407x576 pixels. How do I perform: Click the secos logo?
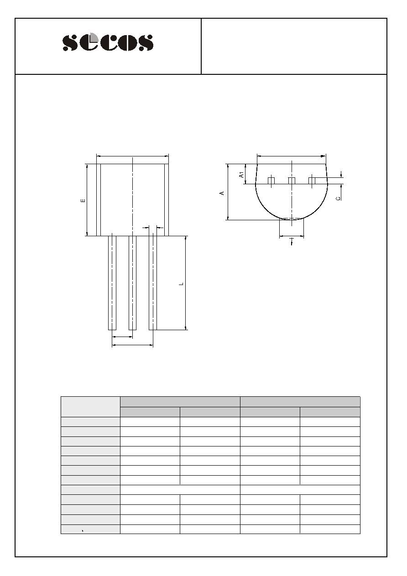click(108, 42)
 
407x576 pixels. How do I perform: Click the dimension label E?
click(83, 200)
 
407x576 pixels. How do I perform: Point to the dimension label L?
click(182, 284)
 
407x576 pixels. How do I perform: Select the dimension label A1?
click(241, 175)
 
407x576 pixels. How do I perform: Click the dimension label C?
click(338, 198)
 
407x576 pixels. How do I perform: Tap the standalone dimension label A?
click(222, 193)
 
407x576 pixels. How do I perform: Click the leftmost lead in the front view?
click(112, 283)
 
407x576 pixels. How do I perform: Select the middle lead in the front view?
click(132, 283)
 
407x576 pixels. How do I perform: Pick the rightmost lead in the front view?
click(153, 283)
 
